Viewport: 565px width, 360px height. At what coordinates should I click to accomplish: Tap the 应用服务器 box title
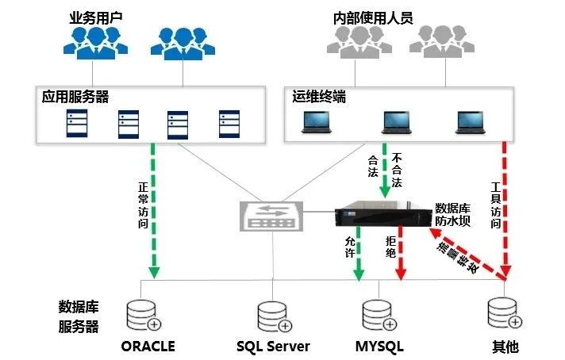point(75,96)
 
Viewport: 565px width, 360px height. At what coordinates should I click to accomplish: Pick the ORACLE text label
point(148,346)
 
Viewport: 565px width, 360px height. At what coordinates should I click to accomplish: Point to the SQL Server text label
point(273,346)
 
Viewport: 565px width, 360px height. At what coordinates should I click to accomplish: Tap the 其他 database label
point(505,346)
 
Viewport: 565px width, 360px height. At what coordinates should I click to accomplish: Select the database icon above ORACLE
point(143,314)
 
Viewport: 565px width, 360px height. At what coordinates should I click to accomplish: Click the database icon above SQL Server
point(271,314)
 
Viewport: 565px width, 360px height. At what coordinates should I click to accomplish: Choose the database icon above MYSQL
point(375,314)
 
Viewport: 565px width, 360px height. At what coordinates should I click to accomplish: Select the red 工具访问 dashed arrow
point(505,210)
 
